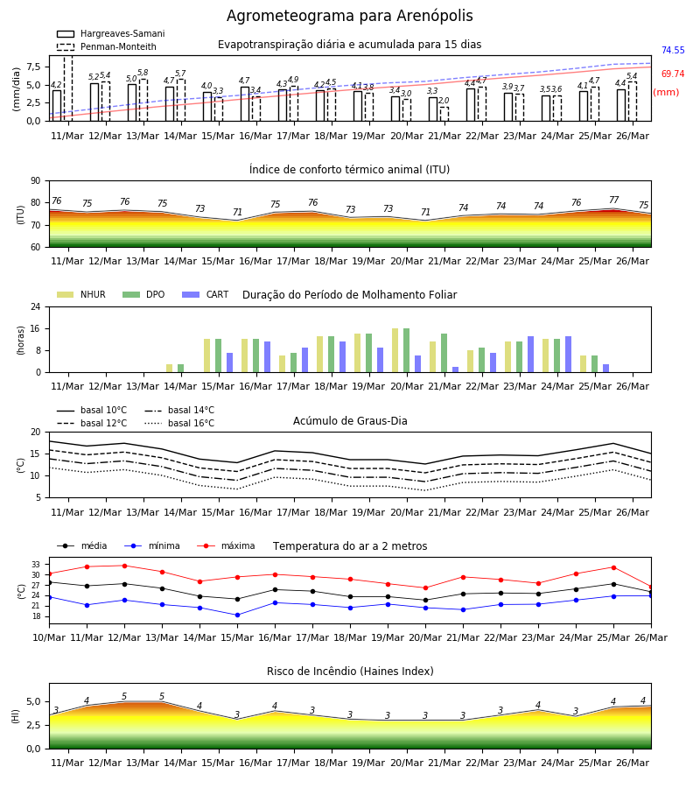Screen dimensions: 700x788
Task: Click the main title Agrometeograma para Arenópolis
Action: [349, 16]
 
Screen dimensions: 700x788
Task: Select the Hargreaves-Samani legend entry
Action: [110, 33]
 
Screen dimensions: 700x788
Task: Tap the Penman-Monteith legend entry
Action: [107, 46]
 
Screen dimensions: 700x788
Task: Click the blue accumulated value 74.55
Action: [673, 50]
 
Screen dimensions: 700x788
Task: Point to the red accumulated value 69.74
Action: [673, 74]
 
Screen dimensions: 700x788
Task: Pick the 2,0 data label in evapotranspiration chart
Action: [444, 101]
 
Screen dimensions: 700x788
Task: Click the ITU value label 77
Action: [613, 200]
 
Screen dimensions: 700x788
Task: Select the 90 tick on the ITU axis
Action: [36, 181]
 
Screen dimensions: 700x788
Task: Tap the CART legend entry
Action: [205, 294]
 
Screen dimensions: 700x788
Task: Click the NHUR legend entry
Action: [81, 294]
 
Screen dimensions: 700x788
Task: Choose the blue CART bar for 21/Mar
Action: [456, 369]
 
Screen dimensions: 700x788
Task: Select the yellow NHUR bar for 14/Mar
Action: [169, 369]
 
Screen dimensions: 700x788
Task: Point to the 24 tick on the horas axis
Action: [36, 306]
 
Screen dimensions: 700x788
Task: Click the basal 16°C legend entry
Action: [179, 423]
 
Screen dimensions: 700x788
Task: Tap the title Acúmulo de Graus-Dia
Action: [350, 420]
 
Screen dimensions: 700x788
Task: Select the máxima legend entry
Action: [226, 545]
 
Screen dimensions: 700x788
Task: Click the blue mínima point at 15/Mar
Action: [237, 616]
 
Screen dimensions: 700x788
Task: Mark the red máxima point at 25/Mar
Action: [613, 567]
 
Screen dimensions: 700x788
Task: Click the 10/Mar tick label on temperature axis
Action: [49, 637]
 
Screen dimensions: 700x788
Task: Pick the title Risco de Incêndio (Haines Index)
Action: [350, 671]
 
